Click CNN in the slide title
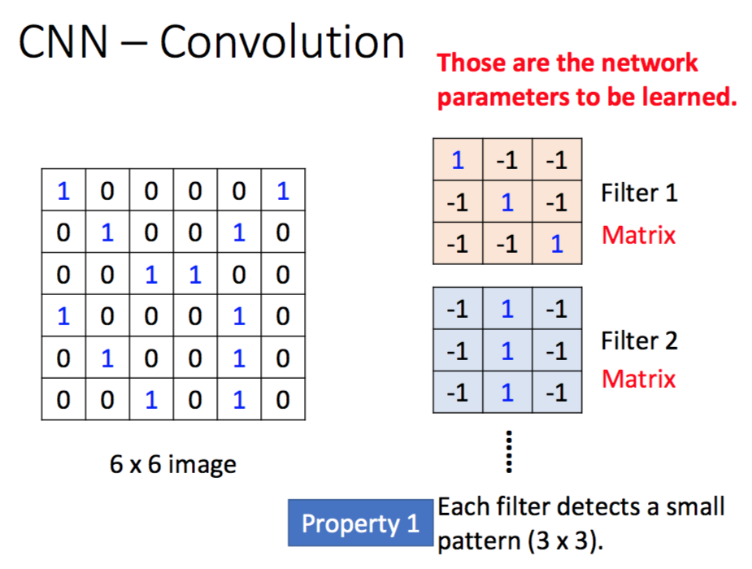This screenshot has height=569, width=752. [63, 42]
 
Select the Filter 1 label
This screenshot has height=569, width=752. [639, 193]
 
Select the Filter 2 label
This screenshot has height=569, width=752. [639, 340]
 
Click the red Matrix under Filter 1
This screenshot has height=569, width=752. [639, 236]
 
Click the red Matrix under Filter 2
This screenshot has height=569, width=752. [639, 379]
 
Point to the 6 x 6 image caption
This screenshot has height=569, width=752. [173, 464]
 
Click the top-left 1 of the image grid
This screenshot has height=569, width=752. [63, 191]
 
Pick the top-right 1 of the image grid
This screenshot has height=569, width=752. [282, 191]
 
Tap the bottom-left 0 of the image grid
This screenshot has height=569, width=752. [63, 400]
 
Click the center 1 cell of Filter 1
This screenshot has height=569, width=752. [507, 202]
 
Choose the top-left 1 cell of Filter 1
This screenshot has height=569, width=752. [458, 160]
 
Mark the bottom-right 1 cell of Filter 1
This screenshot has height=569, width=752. [557, 243]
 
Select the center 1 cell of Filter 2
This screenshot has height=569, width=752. [507, 351]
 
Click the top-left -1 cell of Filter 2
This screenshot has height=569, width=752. [458, 310]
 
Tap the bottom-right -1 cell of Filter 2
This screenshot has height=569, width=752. [557, 393]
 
